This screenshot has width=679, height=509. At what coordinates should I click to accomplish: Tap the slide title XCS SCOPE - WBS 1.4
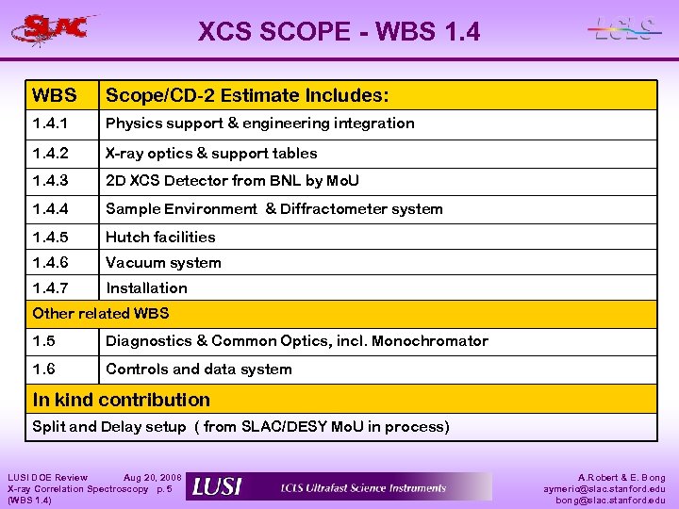coord(339,32)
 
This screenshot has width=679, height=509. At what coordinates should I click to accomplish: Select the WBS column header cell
coord(54,95)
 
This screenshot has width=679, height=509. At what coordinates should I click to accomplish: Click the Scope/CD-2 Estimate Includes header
coord(246,95)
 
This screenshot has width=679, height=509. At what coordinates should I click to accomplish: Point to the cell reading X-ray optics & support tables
coord(211,153)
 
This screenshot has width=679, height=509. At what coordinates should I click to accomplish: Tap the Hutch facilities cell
coord(160,237)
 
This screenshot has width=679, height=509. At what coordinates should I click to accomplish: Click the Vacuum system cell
coord(163,262)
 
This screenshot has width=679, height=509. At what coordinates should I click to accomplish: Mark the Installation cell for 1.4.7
coord(146,287)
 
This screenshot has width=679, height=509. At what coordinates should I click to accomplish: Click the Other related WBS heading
coord(101,313)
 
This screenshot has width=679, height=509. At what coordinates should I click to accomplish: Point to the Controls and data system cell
coord(198,369)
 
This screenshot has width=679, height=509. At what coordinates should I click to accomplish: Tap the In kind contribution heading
coord(122,400)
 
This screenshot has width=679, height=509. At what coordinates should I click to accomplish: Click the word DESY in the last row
coord(307,426)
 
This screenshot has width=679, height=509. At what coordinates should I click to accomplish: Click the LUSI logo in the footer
coord(217,486)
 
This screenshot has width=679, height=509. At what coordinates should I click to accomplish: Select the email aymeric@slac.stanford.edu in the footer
coord(604,488)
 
